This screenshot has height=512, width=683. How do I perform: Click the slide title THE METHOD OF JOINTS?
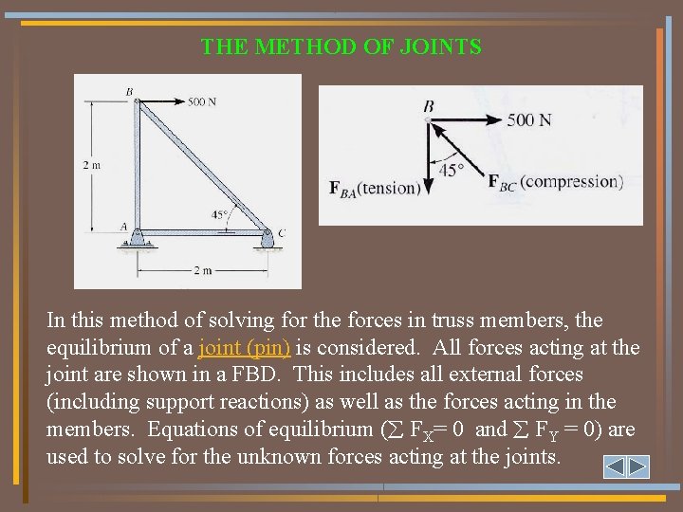pos(341,46)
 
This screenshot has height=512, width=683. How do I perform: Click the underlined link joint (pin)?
pos(245,347)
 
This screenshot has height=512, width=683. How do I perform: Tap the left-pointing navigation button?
pos(615,466)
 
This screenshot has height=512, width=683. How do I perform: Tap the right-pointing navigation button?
pos(637,466)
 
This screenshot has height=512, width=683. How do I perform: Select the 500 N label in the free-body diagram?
pos(528,120)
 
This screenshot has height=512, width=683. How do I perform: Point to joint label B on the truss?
pos(130,92)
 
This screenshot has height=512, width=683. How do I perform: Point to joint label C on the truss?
pos(282,232)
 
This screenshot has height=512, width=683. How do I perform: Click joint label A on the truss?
pos(123,227)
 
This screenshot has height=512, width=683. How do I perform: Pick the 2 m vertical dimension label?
pos(92,164)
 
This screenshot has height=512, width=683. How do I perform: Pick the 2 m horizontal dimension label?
pos(202,271)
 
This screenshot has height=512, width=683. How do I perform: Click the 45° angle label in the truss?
pos(219,215)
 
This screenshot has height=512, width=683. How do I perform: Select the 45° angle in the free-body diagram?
pos(452,171)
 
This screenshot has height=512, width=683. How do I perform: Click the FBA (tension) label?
pos(374,188)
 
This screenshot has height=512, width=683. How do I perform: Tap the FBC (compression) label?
pos(555,182)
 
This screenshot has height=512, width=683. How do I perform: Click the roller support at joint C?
pos(267,243)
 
